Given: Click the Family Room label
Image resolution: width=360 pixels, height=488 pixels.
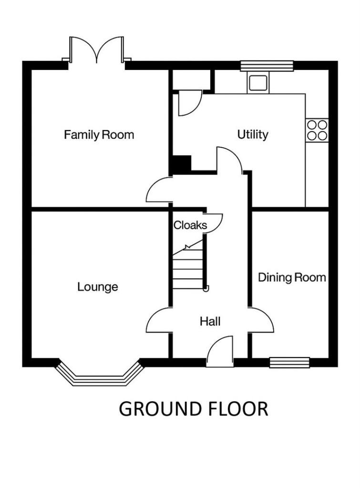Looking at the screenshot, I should pyautogui.click(x=99, y=135).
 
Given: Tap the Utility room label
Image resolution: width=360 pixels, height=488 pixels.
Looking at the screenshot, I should pyautogui.click(x=253, y=135).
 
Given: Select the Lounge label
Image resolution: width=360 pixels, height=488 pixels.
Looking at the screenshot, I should pyautogui.click(x=98, y=287).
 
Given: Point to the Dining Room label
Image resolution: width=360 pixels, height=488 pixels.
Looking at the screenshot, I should pyautogui.click(x=292, y=277).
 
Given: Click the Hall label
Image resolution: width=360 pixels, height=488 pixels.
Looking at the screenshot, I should pyautogui.click(x=210, y=322).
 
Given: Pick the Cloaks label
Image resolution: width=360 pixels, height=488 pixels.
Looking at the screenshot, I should pyautogui.click(x=190, y=225).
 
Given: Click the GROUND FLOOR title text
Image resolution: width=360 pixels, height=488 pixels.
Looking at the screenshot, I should pyautogui.click(x=193, y=409).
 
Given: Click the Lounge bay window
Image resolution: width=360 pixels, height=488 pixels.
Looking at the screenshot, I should pyautogui.click(x=99, y=375).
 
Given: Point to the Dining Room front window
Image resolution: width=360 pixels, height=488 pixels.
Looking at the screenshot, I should pyautogui.click(x=289, y=363).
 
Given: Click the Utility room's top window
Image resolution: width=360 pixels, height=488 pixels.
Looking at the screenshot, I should pyautogui.click(x=267, y=66).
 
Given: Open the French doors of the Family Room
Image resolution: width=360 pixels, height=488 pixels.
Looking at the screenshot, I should pyautogui.click(x=98, y=51).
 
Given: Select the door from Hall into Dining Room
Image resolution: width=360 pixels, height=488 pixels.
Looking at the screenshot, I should pyautogui.click(x=262, y=320).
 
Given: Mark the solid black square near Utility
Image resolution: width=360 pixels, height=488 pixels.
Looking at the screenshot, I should pyautogui.click(x=181, y=165).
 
